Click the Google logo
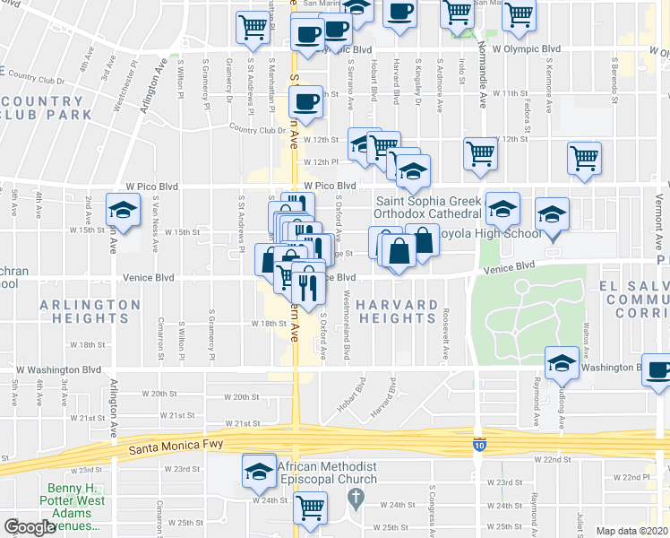point(29,527)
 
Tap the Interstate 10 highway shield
point(480,443)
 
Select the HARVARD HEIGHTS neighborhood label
point(397,311)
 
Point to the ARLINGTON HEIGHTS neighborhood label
point(90,311)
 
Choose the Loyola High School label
point(491,234)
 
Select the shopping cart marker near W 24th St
point(311,508)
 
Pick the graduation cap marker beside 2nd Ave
point(122,210)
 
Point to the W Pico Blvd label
point(332,186)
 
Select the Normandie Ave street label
point(481,63)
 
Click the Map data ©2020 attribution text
point(632,531)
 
